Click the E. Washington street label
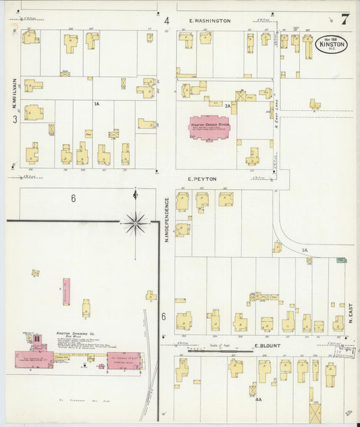tap(209, 21)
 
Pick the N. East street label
tap(351, 313)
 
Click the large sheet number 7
tap(344, 19)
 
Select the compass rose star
tap(136, 221)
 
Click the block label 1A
tap(97, 103)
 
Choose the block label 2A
tap(228, 105)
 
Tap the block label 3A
tap(305, 250)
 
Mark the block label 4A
tap(258, 400)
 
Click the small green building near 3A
tap(342, 260)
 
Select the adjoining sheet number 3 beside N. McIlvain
tap(14, 120)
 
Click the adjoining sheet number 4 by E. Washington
tap(166, 20)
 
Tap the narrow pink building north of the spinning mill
tap(66, 291)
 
